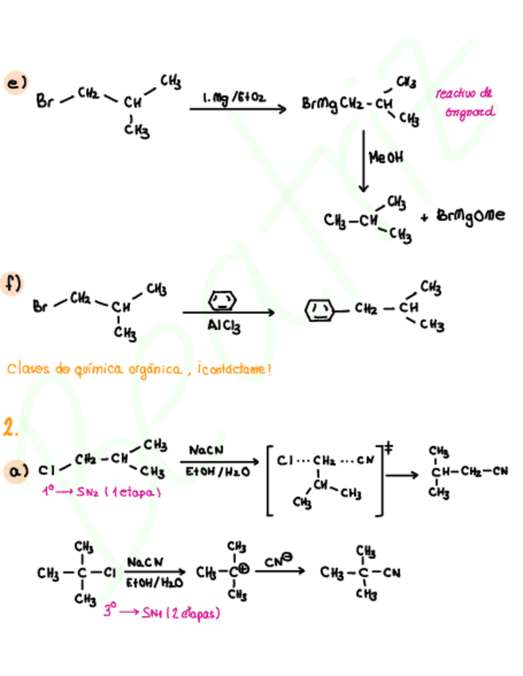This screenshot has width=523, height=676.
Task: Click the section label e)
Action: pos(15,83)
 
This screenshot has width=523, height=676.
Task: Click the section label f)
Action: pos(14,284)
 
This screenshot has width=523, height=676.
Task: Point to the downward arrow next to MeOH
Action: pos(364,159)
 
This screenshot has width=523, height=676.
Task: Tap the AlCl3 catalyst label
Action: pos(224,326)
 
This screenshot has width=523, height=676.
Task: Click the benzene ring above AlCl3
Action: pos(222,301)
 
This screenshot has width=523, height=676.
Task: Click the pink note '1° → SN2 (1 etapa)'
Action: pos(101,492)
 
